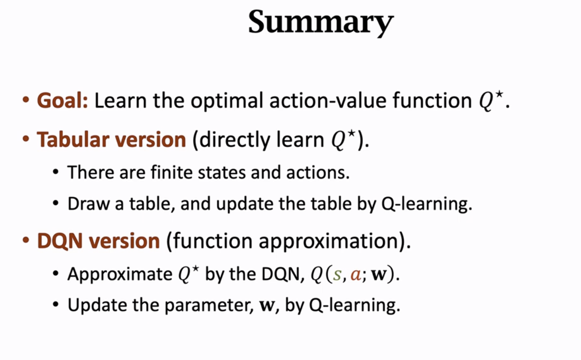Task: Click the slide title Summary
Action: [x=321, y=23]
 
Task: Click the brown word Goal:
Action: [x=62, y=100]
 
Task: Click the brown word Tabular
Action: [x=73, y=139]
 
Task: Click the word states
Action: [x=222, y=172]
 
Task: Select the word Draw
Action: [x=89, y=204]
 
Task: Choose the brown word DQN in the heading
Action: [x=60, y=241]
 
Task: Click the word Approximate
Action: [x=120, y=274]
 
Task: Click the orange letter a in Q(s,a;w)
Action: [x=356, y=275]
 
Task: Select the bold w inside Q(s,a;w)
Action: [x=379, y=275]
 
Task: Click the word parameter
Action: [x=207, y=305]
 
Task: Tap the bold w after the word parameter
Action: [x=267, y=306]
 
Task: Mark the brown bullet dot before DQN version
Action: [x=26, y=240]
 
